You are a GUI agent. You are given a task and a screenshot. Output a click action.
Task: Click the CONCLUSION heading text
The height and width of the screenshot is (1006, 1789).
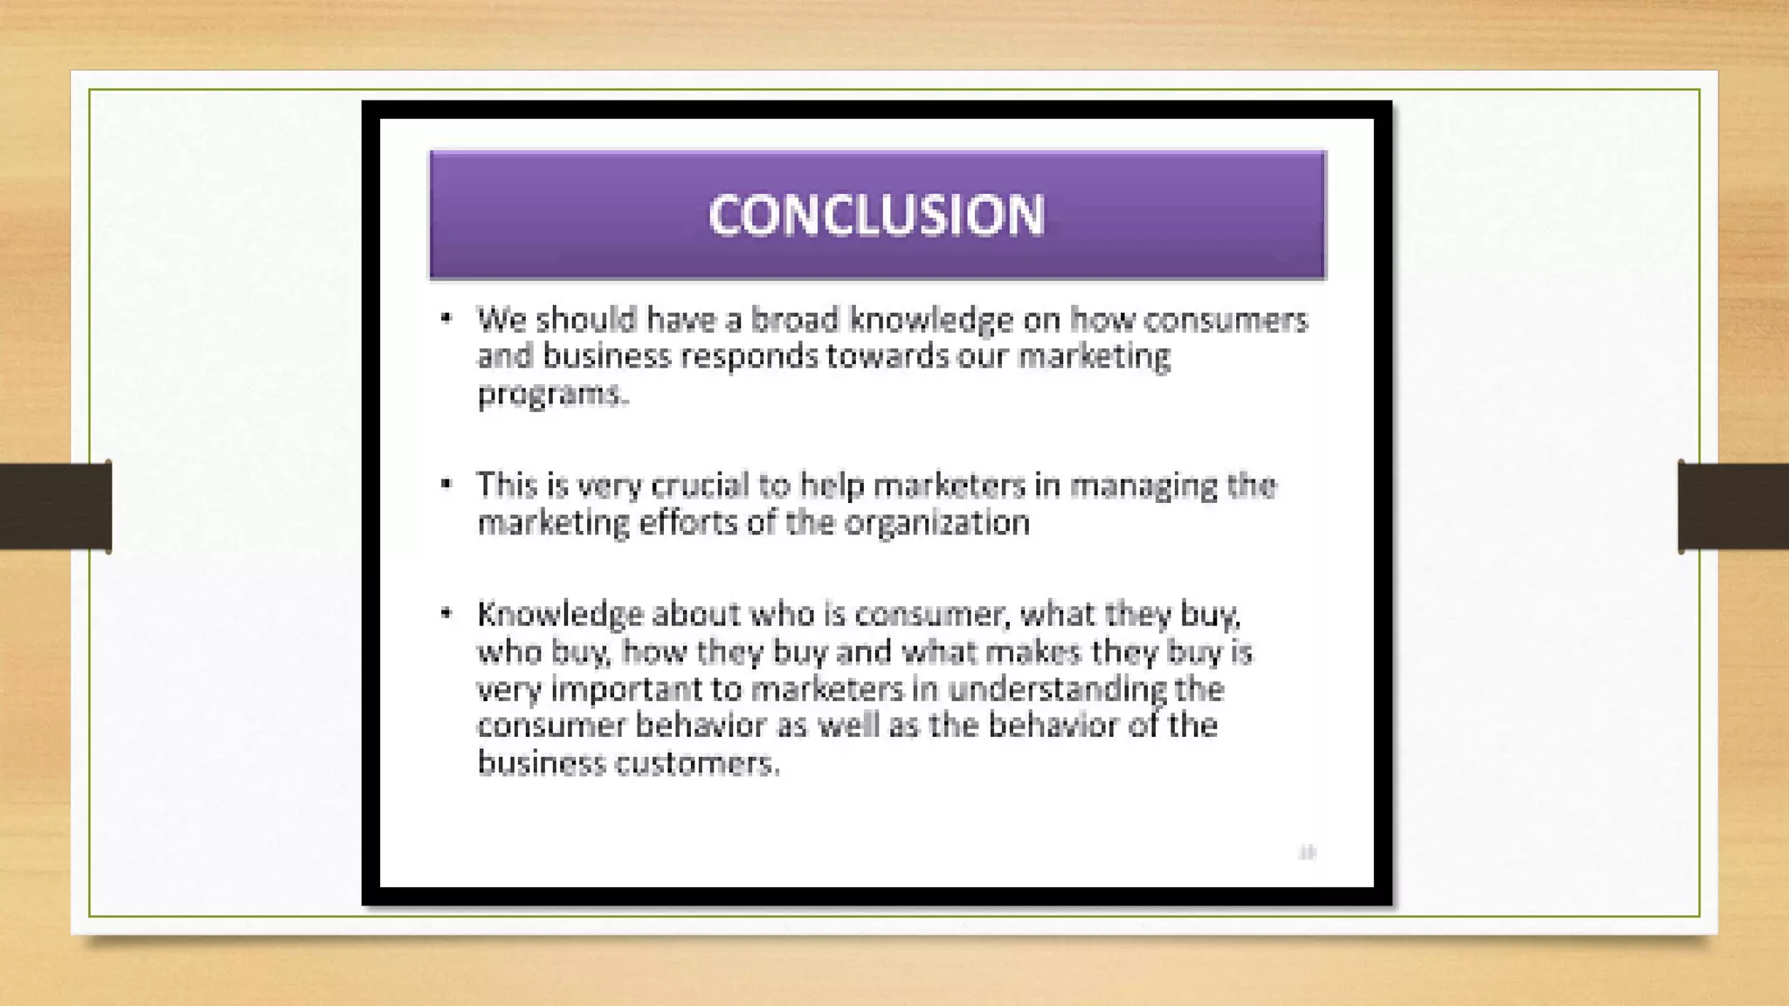pyautogui.click(x=876, y=215)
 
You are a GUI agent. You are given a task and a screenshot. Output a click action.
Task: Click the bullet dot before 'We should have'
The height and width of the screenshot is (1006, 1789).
pyautogui.click(x=446, y=318)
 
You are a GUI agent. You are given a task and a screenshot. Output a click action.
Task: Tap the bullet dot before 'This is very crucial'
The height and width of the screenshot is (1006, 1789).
pyautogui.click(x=446, y=483)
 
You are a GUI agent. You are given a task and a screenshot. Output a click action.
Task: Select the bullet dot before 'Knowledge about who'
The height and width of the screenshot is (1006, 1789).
pyautogui.click(x=446, y=613)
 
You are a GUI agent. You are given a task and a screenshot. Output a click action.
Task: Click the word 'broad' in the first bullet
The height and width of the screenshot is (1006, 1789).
pyautogui.click(x=795, y=320)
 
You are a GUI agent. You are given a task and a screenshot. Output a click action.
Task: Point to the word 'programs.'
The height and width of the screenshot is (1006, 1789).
pyautogui.click(x=553, y=395)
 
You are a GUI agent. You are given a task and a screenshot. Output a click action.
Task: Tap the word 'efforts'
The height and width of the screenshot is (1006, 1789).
pyautogui.click(x=688, y=523)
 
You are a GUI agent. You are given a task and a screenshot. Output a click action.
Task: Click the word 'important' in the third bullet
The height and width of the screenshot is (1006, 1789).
pyautogui.click(x=626, y=690)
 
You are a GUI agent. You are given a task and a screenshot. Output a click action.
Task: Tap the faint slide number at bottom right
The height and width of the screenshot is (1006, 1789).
pyautogui.click(x=1307, y=851)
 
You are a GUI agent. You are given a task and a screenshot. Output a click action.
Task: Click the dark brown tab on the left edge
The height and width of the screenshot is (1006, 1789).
pyautogui.click(x=55, y=506)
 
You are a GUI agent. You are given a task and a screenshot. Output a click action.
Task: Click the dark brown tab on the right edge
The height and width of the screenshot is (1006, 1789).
pyautogui.click(x=1733, y=506)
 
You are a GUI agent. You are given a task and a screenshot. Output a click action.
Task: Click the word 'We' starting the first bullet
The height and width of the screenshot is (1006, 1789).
pyautogui.click(x=501, y=320)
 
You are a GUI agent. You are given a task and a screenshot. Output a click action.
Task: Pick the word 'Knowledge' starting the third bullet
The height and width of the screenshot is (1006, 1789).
pyautogui.click(x=559, y=615)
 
